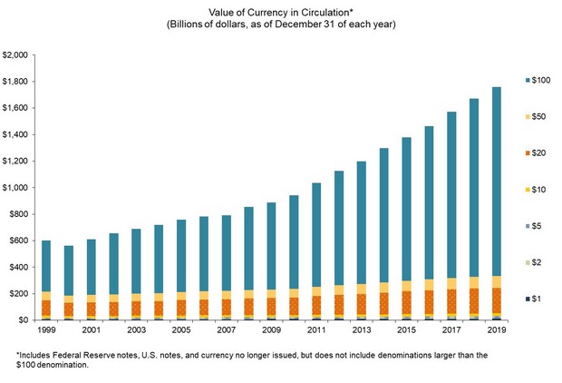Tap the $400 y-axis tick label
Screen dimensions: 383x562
[x=18, y=267]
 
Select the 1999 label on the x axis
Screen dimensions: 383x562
[x=47, y=332]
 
